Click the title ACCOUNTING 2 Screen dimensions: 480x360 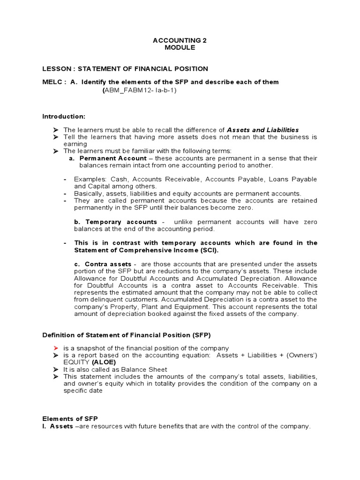(x=180, y=41)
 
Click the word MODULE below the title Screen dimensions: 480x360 (x=180, y=48)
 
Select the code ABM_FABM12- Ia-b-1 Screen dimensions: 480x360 (x=139, y=90)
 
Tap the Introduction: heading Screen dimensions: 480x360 (x=64, y=116)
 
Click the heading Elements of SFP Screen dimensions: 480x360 (x=70, y=419)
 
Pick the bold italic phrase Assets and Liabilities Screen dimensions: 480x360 (x=262, y=130)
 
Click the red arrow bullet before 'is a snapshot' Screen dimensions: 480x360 (x=55, y=348)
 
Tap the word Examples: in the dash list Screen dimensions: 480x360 (x=90, y=180)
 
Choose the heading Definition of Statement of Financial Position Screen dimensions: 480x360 (x=127, y=335)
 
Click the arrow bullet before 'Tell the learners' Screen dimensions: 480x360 (x=55, y=137)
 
